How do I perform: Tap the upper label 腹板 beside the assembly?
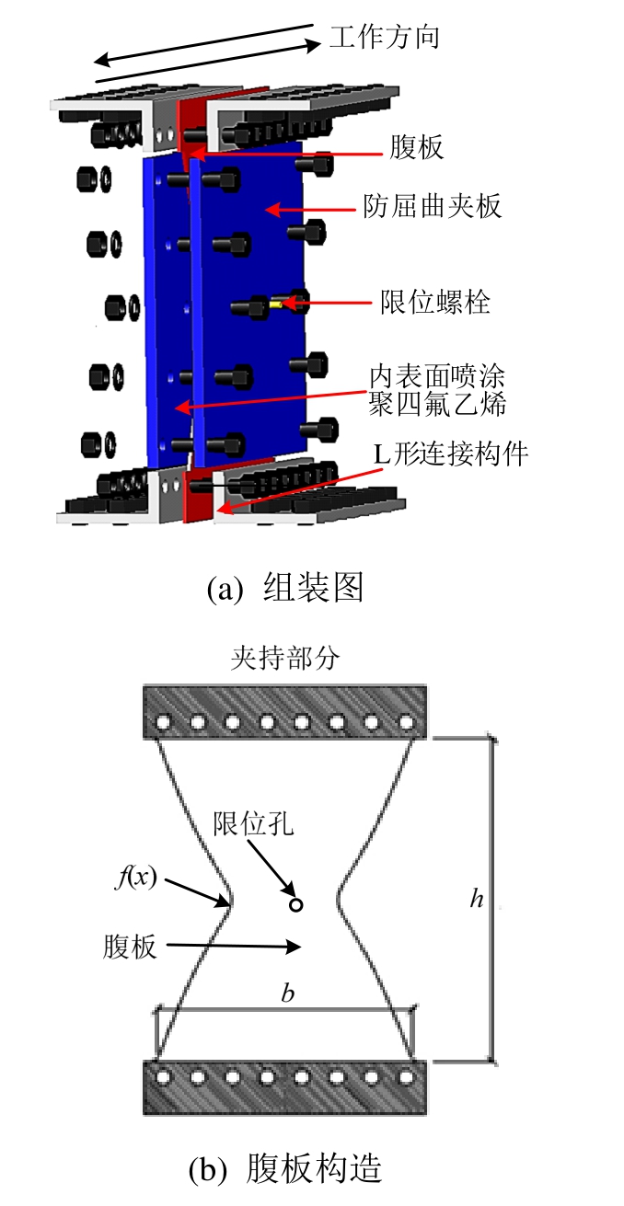416,146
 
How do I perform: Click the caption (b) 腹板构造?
285,1168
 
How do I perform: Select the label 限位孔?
253,821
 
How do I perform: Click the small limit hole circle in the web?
295,905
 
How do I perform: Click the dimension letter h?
476,899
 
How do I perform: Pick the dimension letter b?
288,994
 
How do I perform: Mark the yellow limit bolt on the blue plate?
277,303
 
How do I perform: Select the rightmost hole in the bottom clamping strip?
406,1074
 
